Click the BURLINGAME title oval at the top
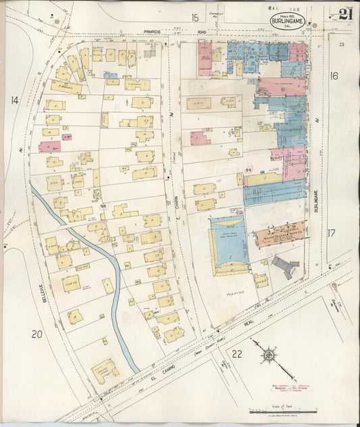tap(287, 21)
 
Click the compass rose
tap(268, 353)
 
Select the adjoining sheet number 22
tap(236, 353)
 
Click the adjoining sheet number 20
tap(37, 334)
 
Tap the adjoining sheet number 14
tap(14, 100)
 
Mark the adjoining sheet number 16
tap(333, 76)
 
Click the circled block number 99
tap(249, 170)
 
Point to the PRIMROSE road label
tap(157, 31)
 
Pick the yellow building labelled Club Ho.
tap(70, 283)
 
